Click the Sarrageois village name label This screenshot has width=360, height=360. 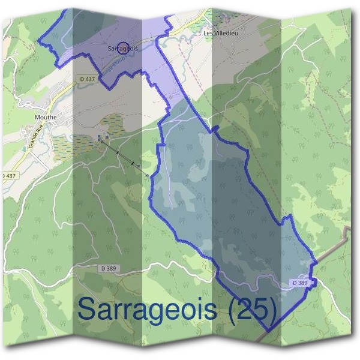119,49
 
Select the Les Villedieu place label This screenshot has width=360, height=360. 221,34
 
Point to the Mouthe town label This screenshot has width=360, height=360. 46,117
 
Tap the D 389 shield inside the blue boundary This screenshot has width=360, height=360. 301,283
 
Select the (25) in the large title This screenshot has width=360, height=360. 255,310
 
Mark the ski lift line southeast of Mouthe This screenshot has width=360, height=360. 123,157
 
